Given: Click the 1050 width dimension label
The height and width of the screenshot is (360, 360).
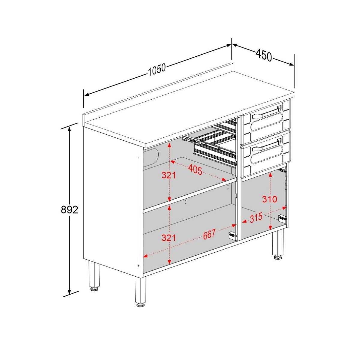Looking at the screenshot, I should coord(157,70).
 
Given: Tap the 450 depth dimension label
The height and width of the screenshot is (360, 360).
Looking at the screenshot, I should coord(264,55).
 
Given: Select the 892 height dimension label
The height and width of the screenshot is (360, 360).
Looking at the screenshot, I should coord(69,210).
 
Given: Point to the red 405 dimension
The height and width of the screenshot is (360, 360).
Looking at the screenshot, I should coord(195,169).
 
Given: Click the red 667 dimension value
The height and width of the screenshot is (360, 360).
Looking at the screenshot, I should coord(209,234).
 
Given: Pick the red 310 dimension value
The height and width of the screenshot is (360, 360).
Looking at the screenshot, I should coord(269,199).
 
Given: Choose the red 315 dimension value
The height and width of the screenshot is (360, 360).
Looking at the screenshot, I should coord(256,217).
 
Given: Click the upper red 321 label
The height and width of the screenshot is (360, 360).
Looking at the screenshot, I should coord(168,175).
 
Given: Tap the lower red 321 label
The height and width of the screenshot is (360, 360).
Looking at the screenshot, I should coord(168,238).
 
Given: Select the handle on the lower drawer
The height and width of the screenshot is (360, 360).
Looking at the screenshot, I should coord(267,145).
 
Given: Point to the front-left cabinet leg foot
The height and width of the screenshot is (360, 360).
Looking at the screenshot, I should coord(140,304).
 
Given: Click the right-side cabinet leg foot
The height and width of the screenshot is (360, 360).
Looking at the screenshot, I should coord(278,257).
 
